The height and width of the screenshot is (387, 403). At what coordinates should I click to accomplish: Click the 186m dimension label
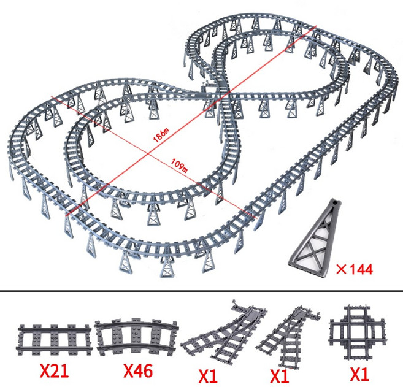click(161, 134)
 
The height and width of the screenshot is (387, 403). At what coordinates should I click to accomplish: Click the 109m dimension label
click(179, 166)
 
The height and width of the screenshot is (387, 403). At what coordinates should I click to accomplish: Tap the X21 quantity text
click(54, 370)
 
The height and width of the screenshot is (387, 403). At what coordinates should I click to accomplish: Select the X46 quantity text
click(138, 370)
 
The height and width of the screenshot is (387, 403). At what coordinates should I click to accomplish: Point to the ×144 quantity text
click(355, 269)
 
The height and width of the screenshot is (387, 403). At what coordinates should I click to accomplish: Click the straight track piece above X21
click(55, 340)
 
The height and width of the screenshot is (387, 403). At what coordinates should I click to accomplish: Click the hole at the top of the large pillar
click(336, 203)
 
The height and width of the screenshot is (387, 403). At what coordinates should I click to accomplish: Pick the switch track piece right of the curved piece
click(224, 331)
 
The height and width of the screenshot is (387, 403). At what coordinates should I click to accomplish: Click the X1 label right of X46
click(208, 376)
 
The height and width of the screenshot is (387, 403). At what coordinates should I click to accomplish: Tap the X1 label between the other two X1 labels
click(280, 376)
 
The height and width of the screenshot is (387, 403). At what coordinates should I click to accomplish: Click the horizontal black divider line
click(201, 291)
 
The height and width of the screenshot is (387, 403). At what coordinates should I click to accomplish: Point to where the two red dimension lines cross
click(147, 155)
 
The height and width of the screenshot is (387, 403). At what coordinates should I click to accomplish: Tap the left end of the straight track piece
click(18, 340)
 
